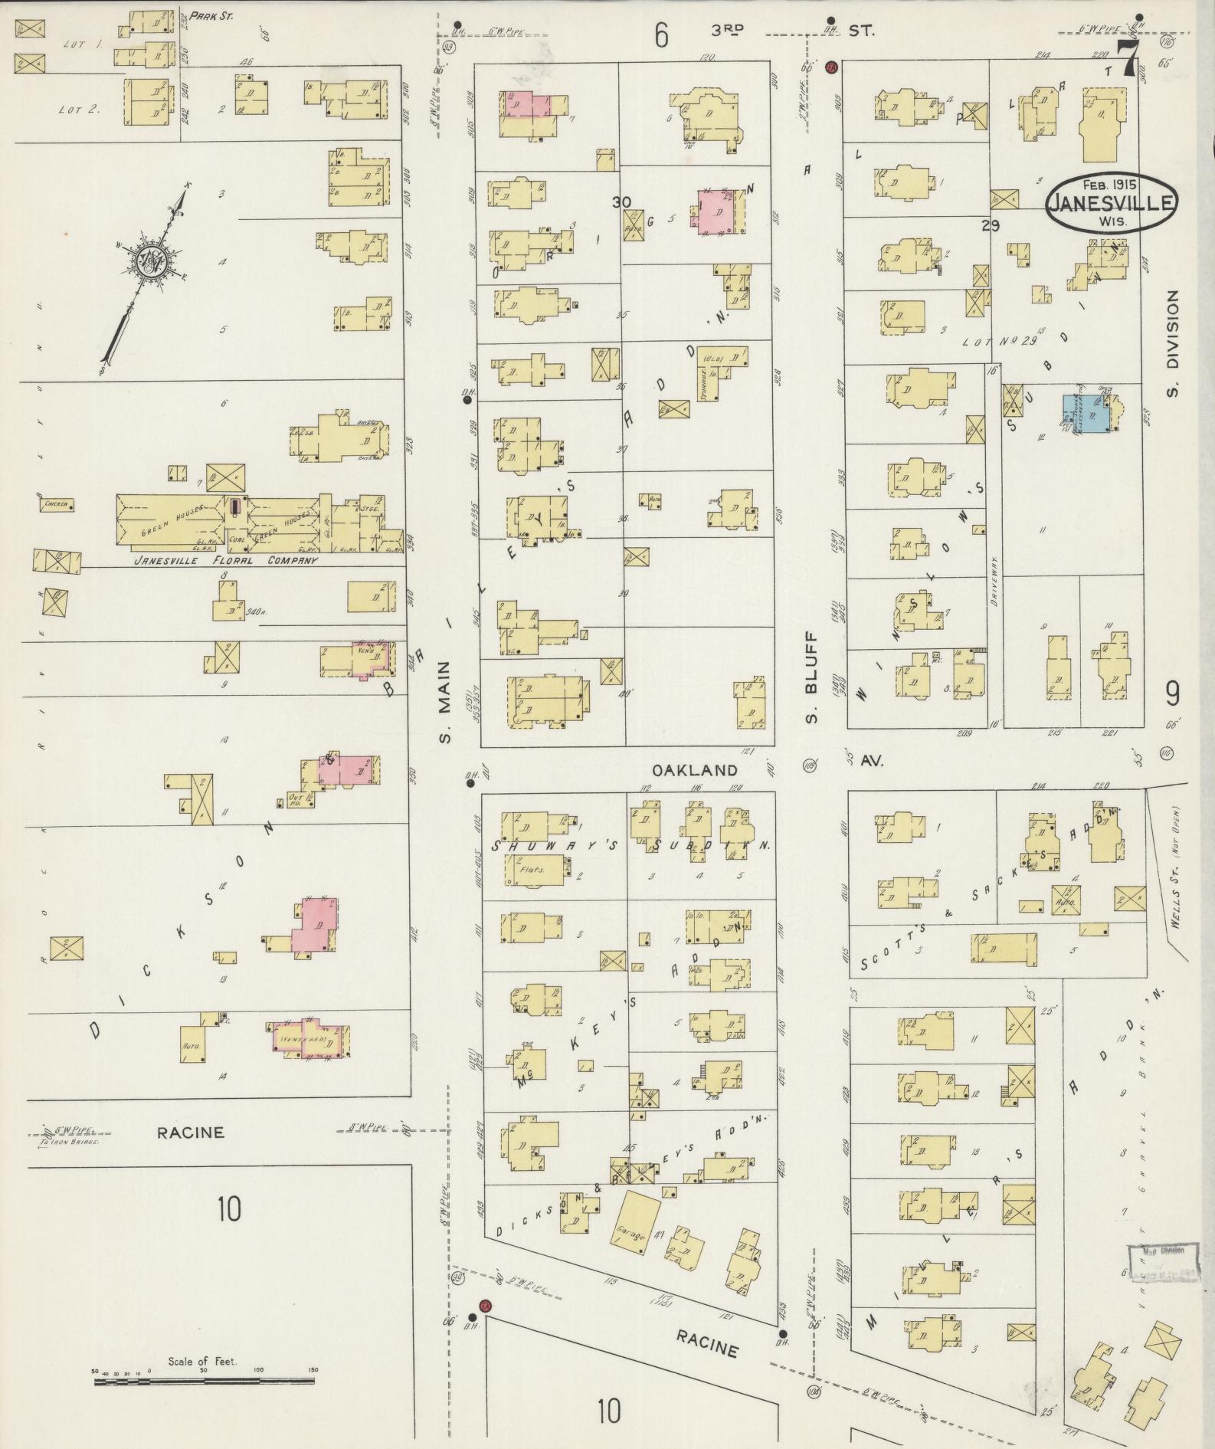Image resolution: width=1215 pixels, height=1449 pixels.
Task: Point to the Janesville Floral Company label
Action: pyautogui.click(x=225, y=560)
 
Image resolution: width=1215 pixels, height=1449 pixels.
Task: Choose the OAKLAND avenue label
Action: pyautogui.click(x=695, y=770)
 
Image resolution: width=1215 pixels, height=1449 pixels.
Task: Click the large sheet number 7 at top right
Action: pyautogui.click(x=1125, y=57)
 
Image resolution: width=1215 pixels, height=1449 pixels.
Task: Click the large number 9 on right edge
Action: pyautogui.click(x=1172, y=694)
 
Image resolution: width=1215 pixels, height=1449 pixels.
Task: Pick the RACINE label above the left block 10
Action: pyautogui.click(x=191, y=1133)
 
